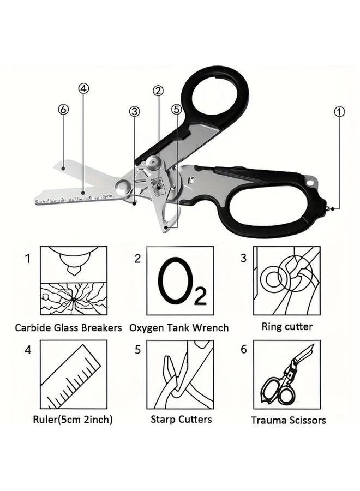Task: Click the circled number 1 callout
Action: click(x=339, y=112)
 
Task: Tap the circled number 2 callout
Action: click(x=158, y=91)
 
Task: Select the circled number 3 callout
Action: click(x=134, y=111)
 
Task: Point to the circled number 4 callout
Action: click(x=83, y=88)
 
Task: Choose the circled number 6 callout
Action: click(x=63, y=109)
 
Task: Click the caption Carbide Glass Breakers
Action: click(x=68, y=328)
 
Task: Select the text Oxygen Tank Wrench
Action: click(x=179, y=328)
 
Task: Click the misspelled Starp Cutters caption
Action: click(x=181, y=419)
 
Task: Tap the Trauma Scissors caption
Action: click(x=289, y=420)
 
